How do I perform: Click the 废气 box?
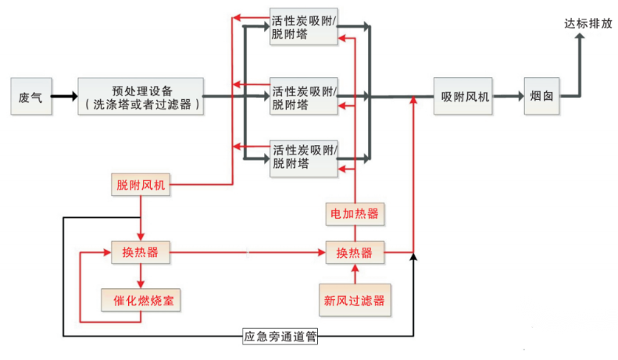tap(30, 97)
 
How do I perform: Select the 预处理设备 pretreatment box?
tap(141, 97)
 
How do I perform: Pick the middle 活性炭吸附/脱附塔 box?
tap(304, 97)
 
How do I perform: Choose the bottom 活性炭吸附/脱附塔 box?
tap(304, 155)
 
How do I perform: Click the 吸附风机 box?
tap(464, 97)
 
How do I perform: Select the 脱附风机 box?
tap(140, 185)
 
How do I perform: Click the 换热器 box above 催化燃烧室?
tap(140, 252)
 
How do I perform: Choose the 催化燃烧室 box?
tap(141, 299)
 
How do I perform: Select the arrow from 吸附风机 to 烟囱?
tap(508, 97)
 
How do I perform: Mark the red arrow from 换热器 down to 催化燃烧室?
tap(140, 276)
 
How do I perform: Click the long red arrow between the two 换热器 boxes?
tap(248, 252)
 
